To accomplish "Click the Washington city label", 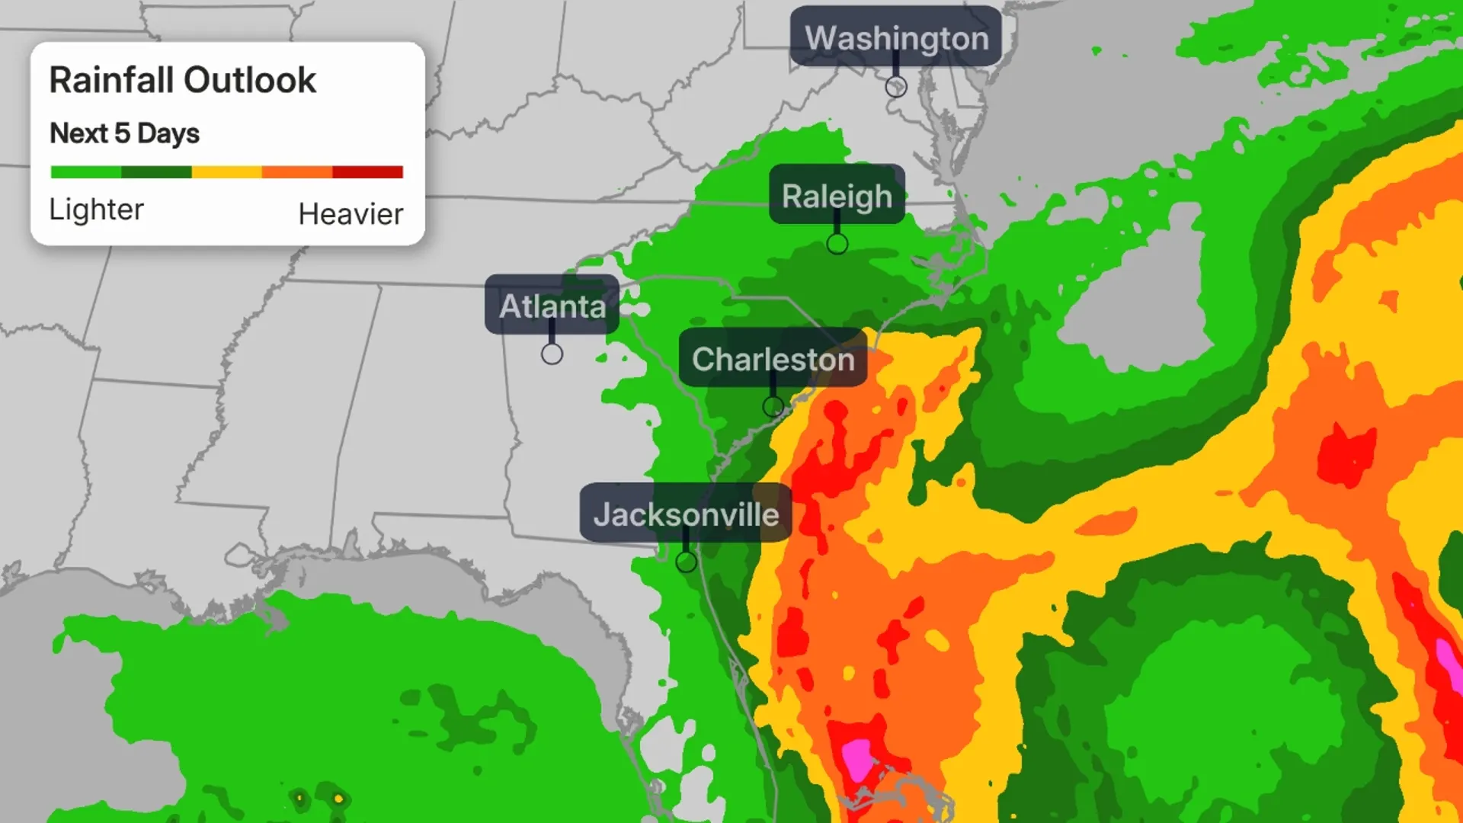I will pos(896,37).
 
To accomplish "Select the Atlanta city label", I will pos(552,306).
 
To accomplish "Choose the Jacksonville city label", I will pos(686,514).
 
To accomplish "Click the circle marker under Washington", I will pos(896,87).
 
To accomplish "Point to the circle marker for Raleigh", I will pos(837,245).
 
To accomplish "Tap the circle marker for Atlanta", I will pos(552,354).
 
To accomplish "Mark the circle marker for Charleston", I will pos(773,407).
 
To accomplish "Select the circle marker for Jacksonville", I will pos(687,562).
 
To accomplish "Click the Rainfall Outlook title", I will pos(182,80).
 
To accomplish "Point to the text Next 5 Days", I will pos(124,133).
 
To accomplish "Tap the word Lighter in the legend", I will pos(96,210).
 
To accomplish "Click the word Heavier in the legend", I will pos(351,214).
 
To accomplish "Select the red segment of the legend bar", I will pos(367,172).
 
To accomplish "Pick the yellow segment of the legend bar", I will pos(226,172).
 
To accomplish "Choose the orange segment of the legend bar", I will pos(297,172).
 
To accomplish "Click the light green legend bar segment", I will pos(85,172).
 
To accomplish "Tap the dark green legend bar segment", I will pos(156,172).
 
